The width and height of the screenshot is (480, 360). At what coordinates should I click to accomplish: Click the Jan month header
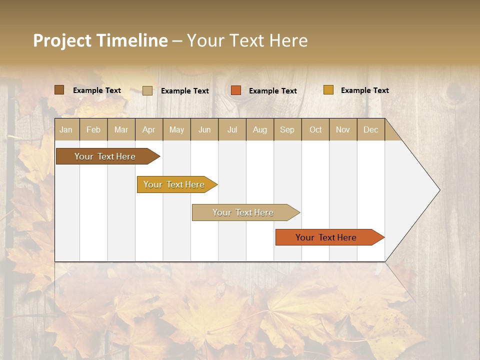pyautogui.click(x=66, y=129)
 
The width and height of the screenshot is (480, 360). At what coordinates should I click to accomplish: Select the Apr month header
pyautogui.click(x=148, y=129)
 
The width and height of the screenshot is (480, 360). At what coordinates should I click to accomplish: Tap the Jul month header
pyautogui.click(x=232, y=129)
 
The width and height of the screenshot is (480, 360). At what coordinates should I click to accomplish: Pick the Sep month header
pyautogui.click(x=287, y=129)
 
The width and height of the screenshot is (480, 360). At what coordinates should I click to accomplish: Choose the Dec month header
pyautogui.click(x=370, y=129)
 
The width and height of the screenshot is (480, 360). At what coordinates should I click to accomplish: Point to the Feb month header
pyautogui.click(x=93, y=129)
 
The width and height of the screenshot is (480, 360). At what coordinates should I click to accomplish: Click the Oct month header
pyautogui.click(x=315, y=129)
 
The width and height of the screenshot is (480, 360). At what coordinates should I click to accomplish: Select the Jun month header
pyautogui.click(x=204, y=129)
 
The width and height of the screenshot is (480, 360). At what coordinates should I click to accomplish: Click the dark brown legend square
pyautogui.click(x=59, y=90)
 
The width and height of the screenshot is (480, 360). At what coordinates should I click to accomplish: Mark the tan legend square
pyautogui.click(x=147, y=90)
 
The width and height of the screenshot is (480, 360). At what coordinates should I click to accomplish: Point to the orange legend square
pyautogui.click(x=236, y=90)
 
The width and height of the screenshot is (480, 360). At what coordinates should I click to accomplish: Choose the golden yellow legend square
pyautogui.click(x=328, y=90)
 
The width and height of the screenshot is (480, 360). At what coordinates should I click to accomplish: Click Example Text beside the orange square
pyautogui.click(x=272, y=91)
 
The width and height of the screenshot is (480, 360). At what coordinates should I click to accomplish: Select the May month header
pyautogui.click(x=176, y=129)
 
